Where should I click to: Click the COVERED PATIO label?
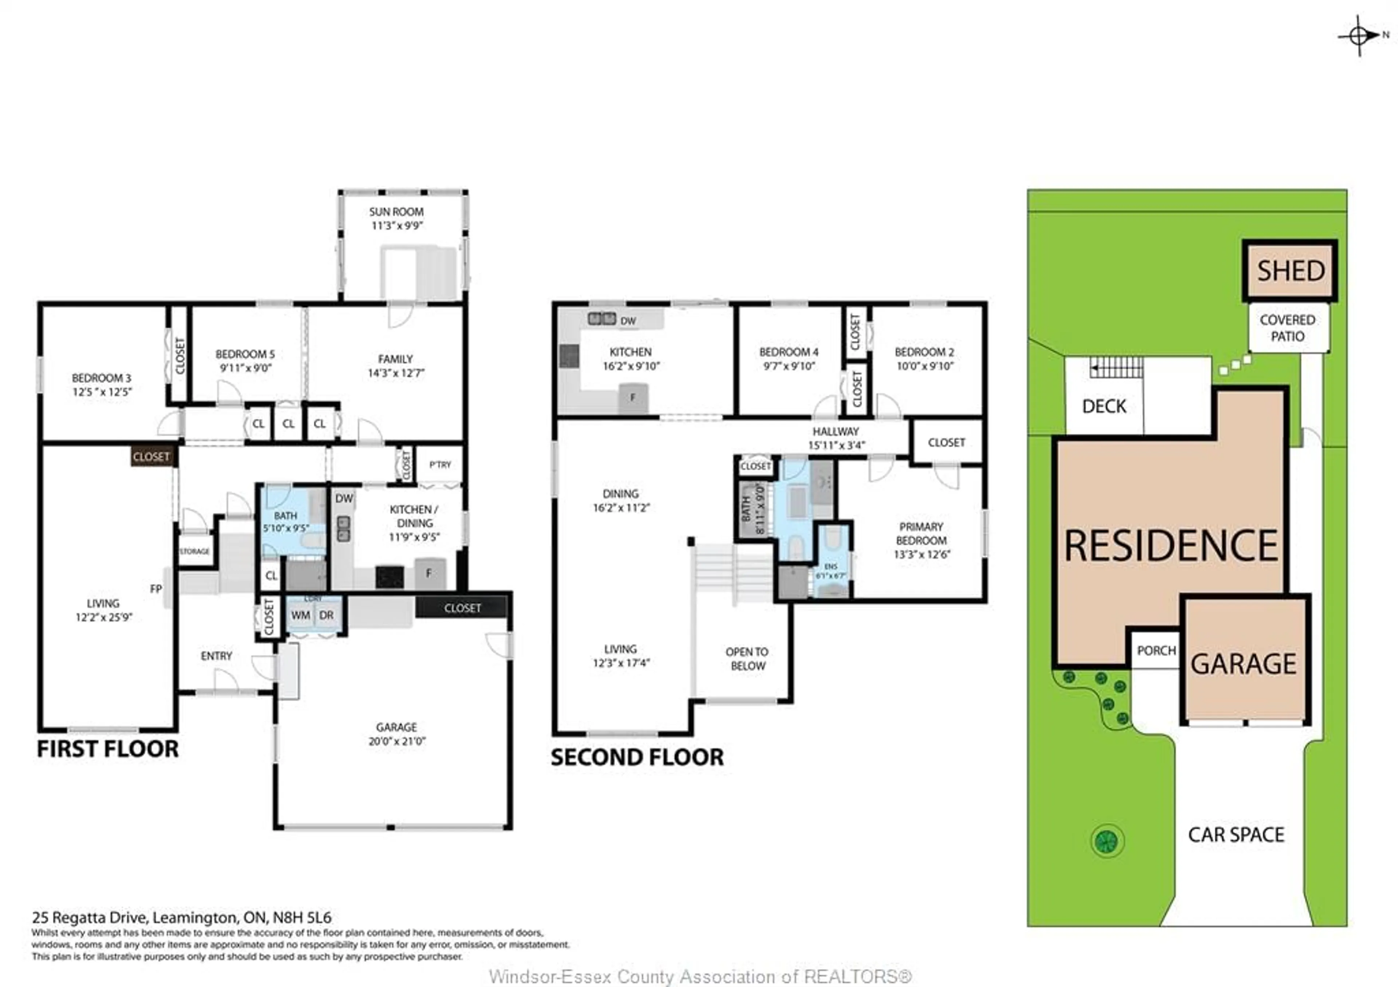tap(1287, 328)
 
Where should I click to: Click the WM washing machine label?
tap(300, 615)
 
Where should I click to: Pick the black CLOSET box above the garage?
tap(462, 608)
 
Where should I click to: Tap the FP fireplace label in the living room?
tap(156, 589)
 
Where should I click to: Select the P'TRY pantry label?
tap(440, 465)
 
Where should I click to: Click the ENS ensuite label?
tap(830, 566)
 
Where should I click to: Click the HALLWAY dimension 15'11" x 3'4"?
tap(836, 445)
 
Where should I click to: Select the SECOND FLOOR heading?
tap(637, 757)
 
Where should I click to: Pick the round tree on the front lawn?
tap(1107, 841)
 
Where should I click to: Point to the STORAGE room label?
tap(195, 551)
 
